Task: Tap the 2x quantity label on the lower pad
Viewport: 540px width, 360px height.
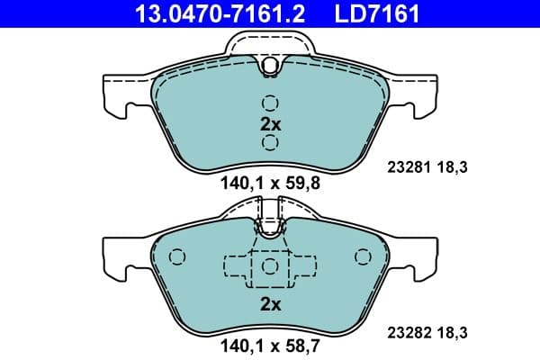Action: tap(270, 303)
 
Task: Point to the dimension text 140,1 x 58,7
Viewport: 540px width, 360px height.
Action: tap(270, 345)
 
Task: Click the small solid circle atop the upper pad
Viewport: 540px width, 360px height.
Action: tap(270, 65)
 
